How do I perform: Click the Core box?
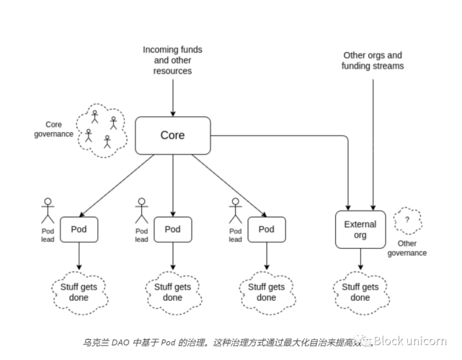click(x=172, y=135)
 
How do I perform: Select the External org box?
click(x=360, y=229)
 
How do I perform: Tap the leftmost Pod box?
click(x=79, y=229)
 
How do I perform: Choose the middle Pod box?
click(x=172, y=229)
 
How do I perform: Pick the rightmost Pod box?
click(x=267, y=229)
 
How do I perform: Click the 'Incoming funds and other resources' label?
click(x=172, y=61)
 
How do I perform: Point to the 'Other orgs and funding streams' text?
click(x=372, y=61)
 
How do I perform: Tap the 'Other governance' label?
click(x=407, y=249)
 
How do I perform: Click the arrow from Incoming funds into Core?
click(x=172, y=97)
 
